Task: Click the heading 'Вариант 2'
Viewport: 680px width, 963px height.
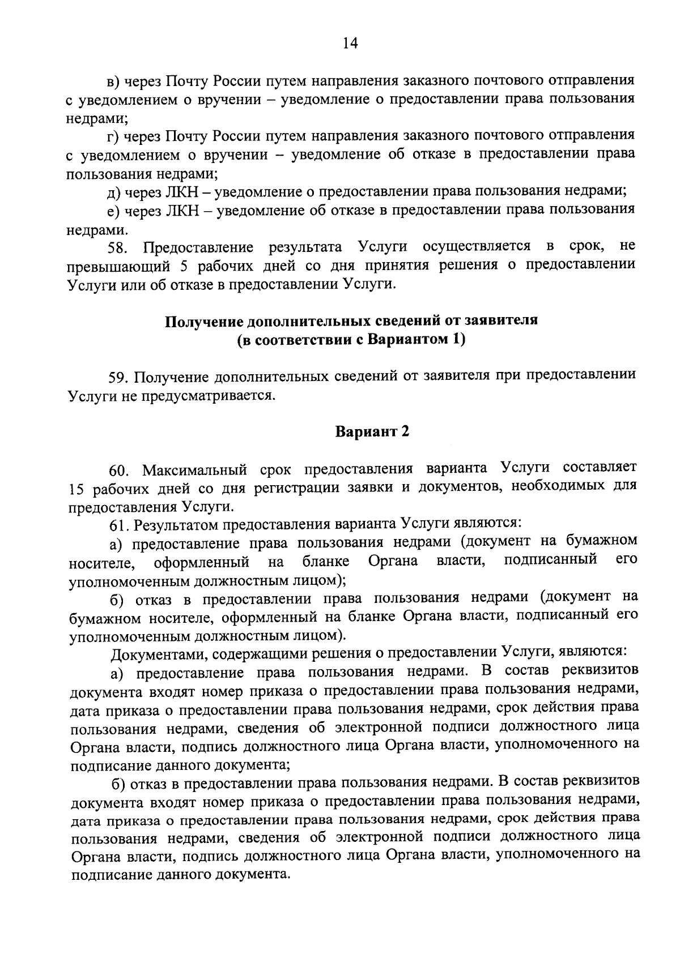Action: point(372,432)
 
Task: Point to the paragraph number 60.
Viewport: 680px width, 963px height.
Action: point(120,470)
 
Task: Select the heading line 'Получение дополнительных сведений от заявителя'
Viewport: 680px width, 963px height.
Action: point(351,321)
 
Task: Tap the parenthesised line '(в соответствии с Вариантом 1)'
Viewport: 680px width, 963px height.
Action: point(351,340)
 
